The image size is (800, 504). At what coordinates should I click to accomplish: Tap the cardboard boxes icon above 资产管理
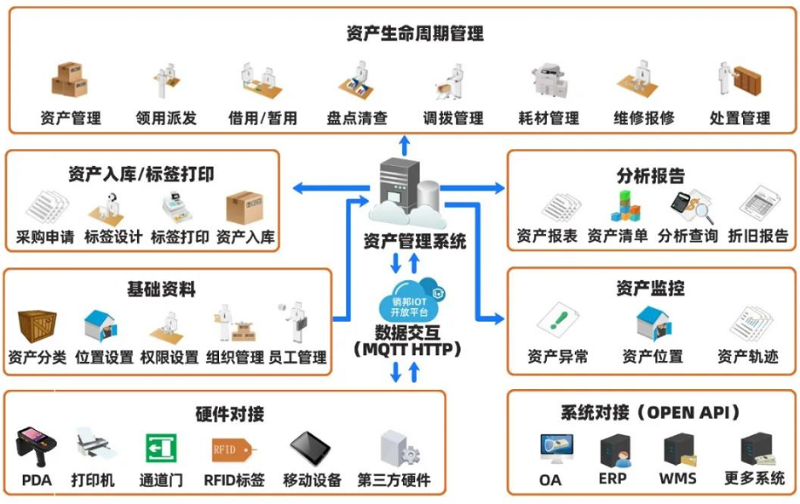click(x=69, y=79)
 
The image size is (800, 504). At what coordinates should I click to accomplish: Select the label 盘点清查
click(x=357, y=118)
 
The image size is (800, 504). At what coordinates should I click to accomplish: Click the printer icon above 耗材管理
click(x=549, y=81)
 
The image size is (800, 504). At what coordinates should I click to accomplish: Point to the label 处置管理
click(x=740, y=118)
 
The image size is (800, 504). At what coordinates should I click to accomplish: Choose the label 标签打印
click(x=180, y=237)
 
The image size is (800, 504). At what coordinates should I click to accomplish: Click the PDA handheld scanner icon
click(x=36, y=448)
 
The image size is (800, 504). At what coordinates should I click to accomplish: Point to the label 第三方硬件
click(x=394, y=480)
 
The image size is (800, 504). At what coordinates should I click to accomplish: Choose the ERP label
click(x=613, y=478)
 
